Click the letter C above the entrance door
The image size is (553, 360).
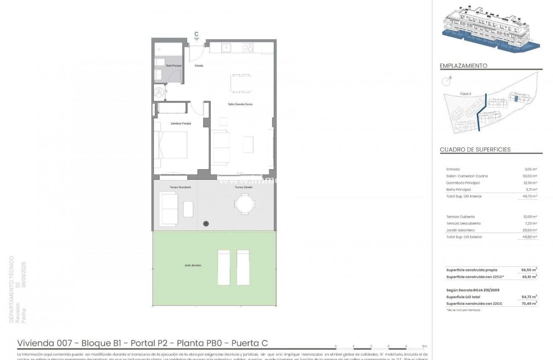click(x=196, y=34)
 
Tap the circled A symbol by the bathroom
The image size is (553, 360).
click(x=159, y=91)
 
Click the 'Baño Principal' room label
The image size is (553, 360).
click(x=173, y=66)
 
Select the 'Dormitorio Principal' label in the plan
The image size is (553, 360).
click(x=181, y=124)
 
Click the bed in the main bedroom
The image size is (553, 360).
click(x=171, y=145)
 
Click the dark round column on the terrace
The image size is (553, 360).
click(x=206, y=224)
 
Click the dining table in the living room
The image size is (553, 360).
click(x=241, y=83)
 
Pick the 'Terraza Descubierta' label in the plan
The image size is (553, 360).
click(x=181, y=187)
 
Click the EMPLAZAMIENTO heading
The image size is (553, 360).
click(x=463, y=66)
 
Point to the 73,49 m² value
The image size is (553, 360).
click(x=530, y=303)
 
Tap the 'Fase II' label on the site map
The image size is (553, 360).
click(x=465, y=94)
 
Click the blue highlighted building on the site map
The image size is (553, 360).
click(x=517, y=99)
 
